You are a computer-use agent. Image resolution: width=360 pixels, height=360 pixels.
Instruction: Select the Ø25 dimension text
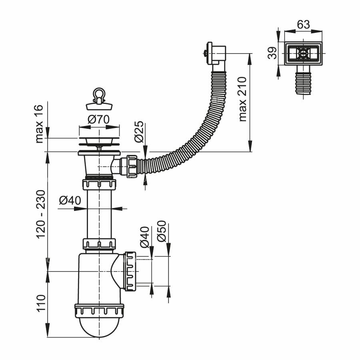[x=138, y=132]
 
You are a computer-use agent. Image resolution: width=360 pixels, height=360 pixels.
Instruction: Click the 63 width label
[x=303, y=24]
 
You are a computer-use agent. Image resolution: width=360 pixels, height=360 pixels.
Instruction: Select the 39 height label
[x=272, y=52]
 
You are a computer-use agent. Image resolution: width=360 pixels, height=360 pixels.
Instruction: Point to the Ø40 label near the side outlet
[x=144, y=236]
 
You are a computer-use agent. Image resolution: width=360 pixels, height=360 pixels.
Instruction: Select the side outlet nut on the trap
[x=130, y=271]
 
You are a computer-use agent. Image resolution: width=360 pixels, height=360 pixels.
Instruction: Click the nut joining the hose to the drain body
[x=132, y=166]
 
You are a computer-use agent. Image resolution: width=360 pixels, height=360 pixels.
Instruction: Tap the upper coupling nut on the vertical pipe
[x=99, y=184]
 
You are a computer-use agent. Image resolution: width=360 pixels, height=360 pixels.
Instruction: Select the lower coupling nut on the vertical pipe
[x=99, y=244]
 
